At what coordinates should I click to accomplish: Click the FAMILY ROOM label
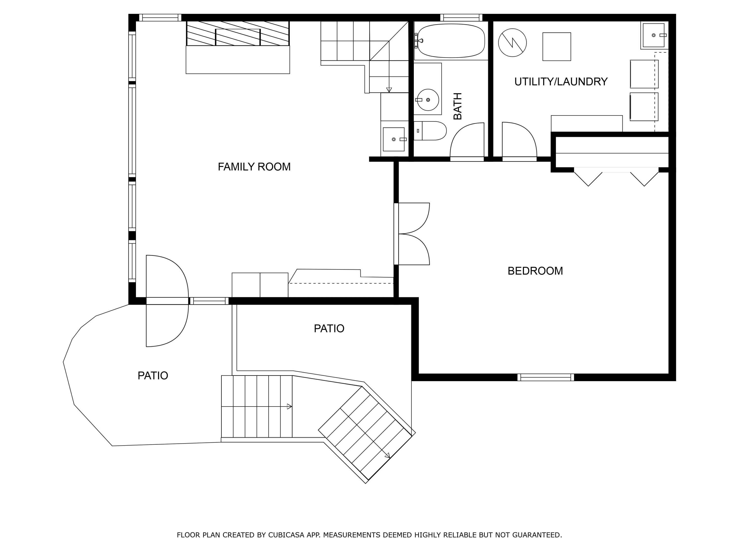click(254, 167)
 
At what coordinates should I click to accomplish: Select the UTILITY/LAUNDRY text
click(561, 81)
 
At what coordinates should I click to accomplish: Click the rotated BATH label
click(457, 106)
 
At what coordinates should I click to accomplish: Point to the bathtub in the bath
click(451, 41)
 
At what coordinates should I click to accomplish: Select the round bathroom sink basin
click(428, 100)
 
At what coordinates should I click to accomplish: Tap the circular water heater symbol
click(512, 42)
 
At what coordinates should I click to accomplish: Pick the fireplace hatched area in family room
click(237, 33)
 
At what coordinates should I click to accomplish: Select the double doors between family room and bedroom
click(413, 234)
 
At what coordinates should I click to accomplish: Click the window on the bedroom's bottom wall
click(546, 377)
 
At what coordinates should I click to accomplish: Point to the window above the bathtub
click(461, 17)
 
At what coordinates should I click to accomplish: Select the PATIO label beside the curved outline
click(153, 376)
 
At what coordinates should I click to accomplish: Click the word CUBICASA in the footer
click(286, 535)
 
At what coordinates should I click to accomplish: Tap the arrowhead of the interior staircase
click(389, 90)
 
